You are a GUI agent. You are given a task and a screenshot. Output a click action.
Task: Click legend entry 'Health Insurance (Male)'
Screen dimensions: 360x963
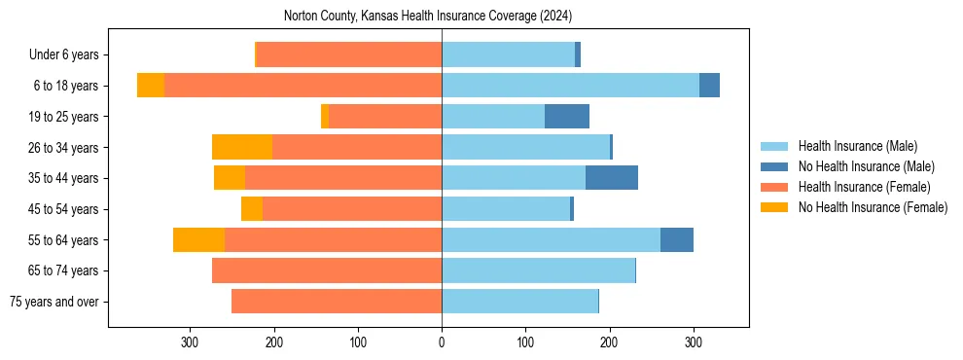856,147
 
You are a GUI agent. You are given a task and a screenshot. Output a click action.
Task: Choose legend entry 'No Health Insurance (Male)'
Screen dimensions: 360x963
866,167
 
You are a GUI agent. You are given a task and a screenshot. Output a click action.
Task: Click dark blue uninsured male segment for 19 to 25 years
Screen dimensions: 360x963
567,117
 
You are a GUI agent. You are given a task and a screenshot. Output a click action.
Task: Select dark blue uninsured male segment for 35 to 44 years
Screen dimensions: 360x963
612,178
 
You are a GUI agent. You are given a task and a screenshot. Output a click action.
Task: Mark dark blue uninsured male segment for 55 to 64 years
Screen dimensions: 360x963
677,239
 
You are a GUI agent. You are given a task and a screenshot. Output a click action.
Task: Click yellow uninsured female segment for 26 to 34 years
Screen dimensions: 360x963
242,147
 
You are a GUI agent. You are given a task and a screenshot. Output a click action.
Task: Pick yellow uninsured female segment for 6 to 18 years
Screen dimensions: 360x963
151,86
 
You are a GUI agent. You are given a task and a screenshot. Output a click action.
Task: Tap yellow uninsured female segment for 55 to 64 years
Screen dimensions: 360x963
198,239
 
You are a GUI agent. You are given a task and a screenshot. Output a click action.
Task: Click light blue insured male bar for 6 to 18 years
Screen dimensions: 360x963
570,86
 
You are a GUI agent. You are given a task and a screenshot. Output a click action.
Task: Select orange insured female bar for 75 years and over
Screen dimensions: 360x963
337,302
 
